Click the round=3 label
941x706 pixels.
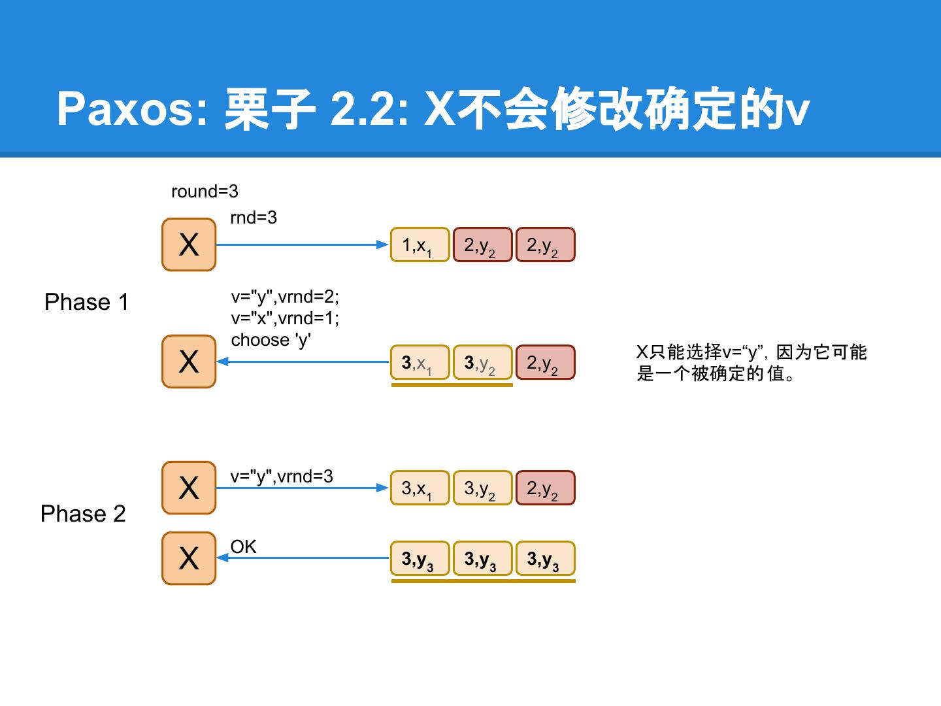205,192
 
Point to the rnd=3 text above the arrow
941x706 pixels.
254,218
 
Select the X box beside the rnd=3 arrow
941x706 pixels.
189,244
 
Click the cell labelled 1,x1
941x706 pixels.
420,245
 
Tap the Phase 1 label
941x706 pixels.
86,302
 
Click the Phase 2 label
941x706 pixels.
83,514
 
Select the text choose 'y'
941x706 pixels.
271,340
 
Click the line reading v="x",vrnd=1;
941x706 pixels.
285,318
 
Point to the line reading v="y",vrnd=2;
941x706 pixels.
285,297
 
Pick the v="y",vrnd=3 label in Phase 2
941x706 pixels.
282,477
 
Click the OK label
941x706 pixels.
243,547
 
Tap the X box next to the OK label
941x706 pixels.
189,558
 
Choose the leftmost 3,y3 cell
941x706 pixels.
420,559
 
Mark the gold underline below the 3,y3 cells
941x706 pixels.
483,580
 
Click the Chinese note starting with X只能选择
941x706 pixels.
751,363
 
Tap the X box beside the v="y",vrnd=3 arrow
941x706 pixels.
189,488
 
